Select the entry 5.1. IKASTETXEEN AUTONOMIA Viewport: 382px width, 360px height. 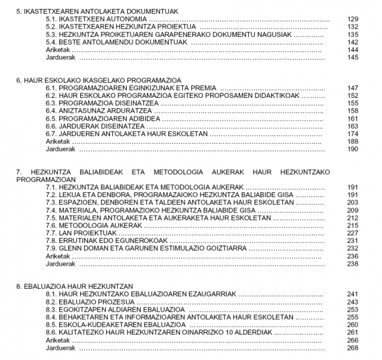(x=88, y=19)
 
